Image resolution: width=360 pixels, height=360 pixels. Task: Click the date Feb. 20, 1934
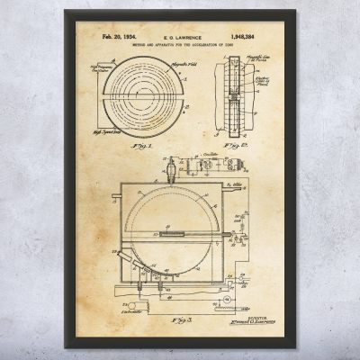tap(114, 42)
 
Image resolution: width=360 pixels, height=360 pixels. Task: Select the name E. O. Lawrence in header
tap(180, 42)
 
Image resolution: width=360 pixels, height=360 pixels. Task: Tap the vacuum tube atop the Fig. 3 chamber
tap(170, 166)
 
